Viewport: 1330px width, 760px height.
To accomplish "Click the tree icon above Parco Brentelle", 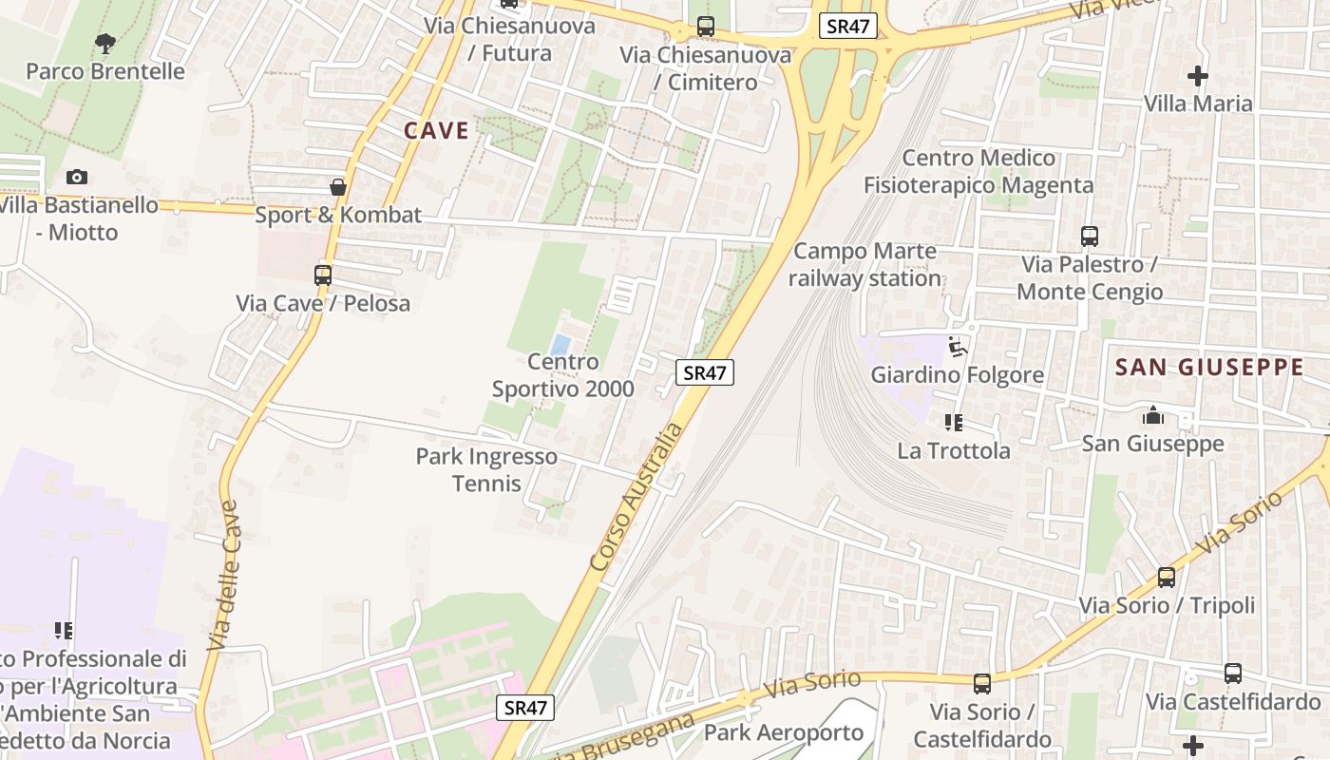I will pos(105,43).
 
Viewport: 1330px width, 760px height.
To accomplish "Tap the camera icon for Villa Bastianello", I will pos(77,177).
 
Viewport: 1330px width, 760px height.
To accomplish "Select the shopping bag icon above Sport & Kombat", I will pos(337,187).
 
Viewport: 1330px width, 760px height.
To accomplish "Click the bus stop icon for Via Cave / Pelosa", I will pos(323,275).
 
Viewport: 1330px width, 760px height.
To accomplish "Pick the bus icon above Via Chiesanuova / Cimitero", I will pos(705,27).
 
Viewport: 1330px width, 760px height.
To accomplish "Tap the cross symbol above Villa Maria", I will pos(1197,76).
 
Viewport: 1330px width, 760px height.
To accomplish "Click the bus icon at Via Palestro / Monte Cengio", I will pos(1090,237).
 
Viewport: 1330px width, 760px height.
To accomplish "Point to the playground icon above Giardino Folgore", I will pos(958,347).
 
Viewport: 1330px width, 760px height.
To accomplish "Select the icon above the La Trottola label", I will pos(954,423).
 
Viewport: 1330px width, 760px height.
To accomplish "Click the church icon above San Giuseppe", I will pos(1153,415).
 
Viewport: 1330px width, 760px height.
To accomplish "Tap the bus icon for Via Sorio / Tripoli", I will pos(1166,577).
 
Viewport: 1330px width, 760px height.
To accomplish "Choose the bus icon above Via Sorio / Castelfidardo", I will pos(982,683).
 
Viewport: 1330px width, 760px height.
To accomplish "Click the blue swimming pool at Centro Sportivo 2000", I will pos(561,343).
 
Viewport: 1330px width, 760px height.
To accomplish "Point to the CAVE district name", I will pos(436,130).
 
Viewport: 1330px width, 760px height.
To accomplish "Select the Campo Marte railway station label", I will pos(864,265).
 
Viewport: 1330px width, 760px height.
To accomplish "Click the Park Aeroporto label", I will pos(784,732).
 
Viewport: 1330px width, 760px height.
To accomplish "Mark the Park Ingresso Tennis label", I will pos(486,469).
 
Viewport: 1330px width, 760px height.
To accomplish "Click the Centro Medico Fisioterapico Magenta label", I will pos(978,171).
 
